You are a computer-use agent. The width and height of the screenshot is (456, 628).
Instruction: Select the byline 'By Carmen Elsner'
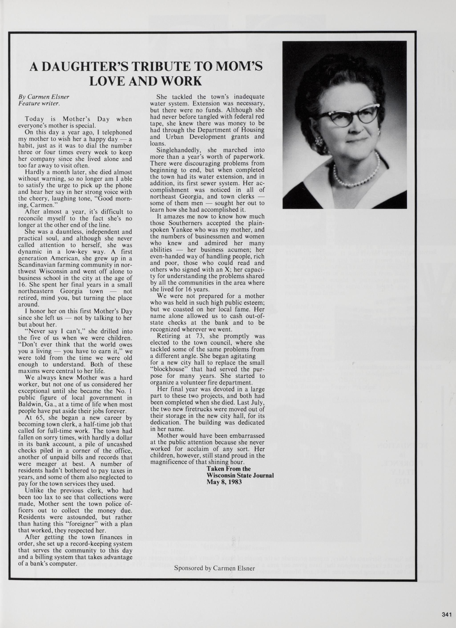click(x=44, y=97)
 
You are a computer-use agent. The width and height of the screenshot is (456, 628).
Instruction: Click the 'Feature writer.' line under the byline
click(x=39, y=104)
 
